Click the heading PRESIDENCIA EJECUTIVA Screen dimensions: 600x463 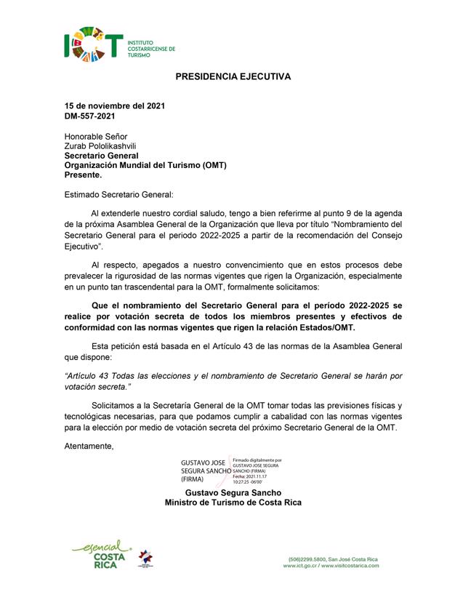coord(233,76)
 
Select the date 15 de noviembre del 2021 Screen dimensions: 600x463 coord(115,105)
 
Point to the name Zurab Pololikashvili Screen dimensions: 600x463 coord(100,145)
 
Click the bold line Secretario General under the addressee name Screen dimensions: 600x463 coord(101,155)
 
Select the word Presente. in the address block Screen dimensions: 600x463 coord(84,175)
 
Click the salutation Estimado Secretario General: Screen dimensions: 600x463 coord(119,194)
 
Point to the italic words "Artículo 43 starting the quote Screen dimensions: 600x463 coord(90,377)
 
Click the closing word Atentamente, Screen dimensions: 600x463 coord(89,445)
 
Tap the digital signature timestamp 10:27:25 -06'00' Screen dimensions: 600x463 coord(251,482)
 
